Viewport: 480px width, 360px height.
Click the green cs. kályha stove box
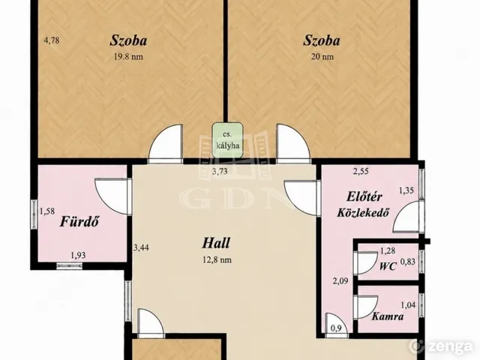228,140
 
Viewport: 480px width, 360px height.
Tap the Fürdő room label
79,221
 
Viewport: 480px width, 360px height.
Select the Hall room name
216,243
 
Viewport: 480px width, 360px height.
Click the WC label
388,266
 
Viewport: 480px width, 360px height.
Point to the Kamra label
388,316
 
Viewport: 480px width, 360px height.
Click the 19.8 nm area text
128,57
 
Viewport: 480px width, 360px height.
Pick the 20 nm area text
322,57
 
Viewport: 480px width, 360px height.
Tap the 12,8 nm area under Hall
217,260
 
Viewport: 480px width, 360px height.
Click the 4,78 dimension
52,40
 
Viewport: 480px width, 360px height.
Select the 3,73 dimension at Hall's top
220,172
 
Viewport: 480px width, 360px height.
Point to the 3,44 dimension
141,247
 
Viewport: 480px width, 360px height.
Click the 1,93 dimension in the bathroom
78,255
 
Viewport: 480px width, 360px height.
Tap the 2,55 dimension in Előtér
361,172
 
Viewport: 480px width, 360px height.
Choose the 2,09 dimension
340,280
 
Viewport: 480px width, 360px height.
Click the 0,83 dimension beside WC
408,262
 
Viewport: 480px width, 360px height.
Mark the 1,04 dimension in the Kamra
408,305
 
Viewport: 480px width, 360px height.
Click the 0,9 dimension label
336,328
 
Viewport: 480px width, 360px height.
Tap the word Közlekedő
363,212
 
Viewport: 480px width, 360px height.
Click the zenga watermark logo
442,346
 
